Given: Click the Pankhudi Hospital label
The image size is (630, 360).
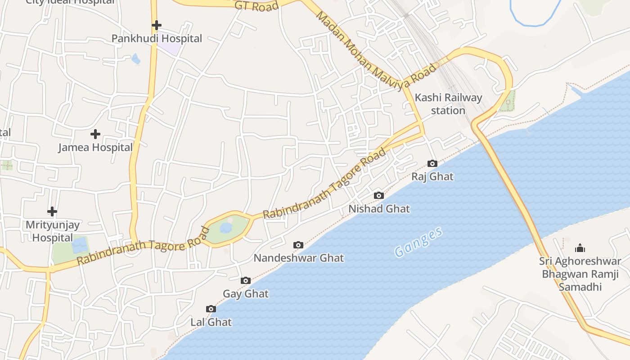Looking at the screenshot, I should click(x=157, y=39).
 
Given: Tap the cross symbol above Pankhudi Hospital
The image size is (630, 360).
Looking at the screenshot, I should click(x=156, y=25).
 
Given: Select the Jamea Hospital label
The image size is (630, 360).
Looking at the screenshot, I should click(x=95, y=147).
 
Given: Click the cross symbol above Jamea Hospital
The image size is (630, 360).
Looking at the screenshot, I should click(x=95, y=134).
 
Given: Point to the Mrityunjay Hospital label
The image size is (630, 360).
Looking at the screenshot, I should click(x=52, y=231).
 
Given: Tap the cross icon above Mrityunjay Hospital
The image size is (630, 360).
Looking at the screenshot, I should click(x=52, y=211).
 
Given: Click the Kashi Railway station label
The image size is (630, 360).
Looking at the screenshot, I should click(x=448, y=104).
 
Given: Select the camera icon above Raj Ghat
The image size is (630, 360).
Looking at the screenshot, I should click(x=432, y=163).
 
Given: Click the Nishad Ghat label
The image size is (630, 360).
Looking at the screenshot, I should click(x=379, y=209).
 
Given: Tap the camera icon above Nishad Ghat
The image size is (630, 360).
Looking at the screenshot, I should click(x=379, y=195).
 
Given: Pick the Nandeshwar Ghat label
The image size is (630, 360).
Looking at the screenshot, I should click(x=299, y=258).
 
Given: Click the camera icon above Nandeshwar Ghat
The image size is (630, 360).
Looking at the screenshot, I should click(x=298, y=245).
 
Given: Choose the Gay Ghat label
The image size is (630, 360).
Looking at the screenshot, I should click(x=246, y=294).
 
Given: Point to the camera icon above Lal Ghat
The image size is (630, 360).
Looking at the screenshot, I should click(x=211, y=309).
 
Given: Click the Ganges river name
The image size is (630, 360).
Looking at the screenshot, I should click(x=418, y=242).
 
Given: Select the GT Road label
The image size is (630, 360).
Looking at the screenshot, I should click(x=257, y=6).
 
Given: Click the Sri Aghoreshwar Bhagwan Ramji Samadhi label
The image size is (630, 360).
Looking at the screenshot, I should click(x=580, y=274).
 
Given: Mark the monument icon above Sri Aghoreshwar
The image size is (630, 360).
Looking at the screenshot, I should click(x=580, y=248).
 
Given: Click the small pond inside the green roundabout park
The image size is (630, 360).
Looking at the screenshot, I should click(x=226, y=228).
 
